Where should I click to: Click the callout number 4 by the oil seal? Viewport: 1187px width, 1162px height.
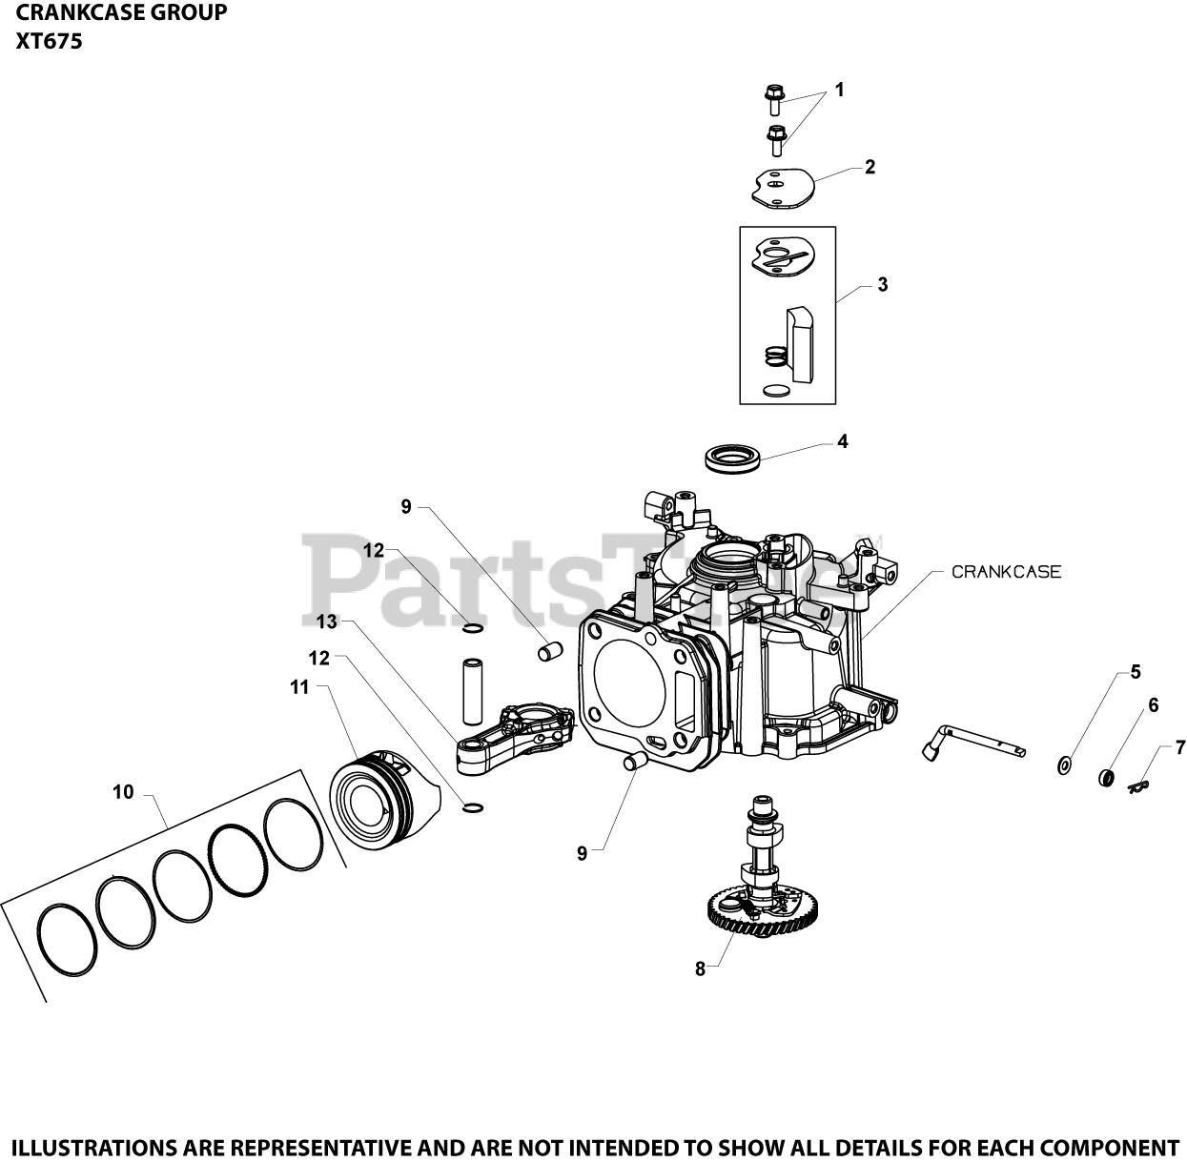click(x=842, y=441)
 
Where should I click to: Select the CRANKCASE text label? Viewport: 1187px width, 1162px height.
click(x=1006, y=572)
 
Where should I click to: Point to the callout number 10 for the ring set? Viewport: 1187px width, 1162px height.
click(x=123, y=792)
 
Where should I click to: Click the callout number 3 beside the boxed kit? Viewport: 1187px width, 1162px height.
click(x=882, y=284)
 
